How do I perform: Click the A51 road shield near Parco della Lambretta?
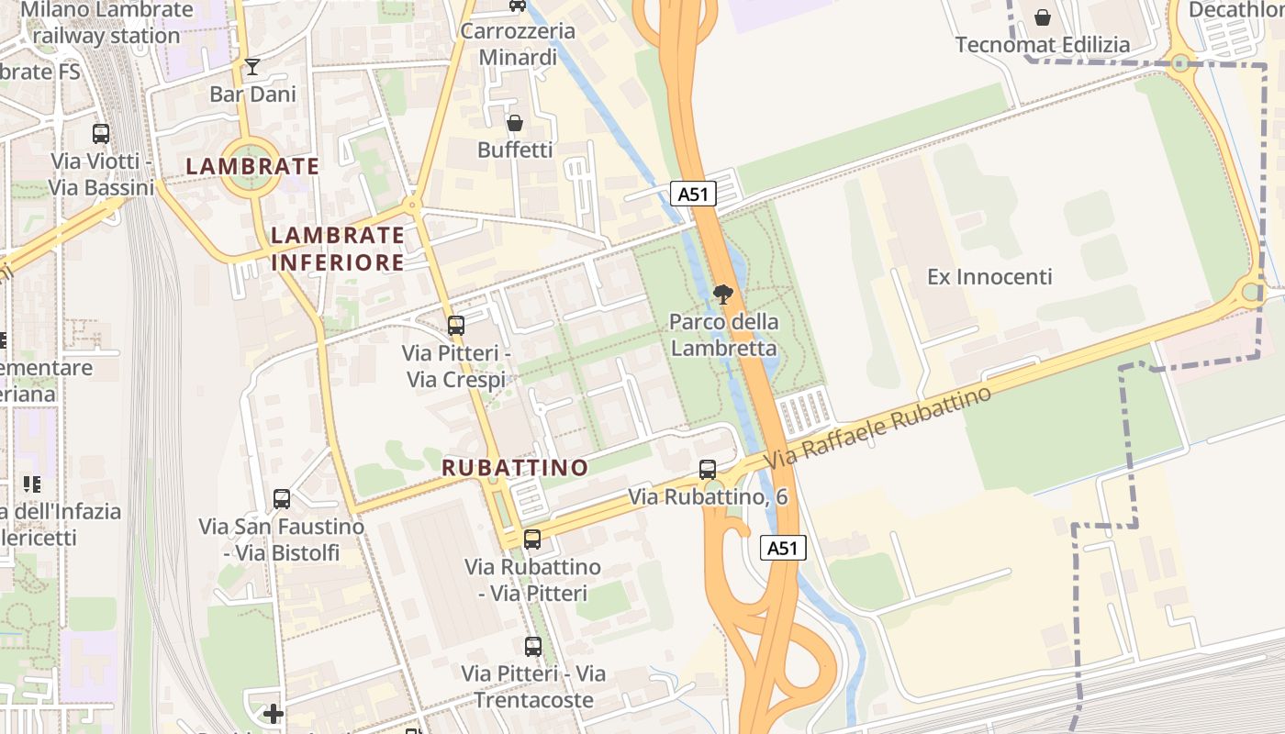coord(693,194)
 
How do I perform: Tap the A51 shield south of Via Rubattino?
coord(783,548)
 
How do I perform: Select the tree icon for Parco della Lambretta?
coord(723,295)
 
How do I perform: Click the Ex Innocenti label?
coord(989,276)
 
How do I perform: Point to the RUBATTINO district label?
coord(515,467)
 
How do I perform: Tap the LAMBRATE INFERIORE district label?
coord(338,249)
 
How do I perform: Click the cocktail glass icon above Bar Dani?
coord(252,67)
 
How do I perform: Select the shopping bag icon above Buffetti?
coord(515,123)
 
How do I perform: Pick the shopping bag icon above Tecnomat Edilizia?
coord(1043,17)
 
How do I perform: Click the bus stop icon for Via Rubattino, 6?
coord(708,470)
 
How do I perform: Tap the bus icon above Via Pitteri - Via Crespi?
coord(455,326)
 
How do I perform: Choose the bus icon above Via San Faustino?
coord(282,499)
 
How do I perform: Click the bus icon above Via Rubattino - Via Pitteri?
coord(532,539)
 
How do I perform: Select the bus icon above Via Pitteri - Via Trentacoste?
coord(533,646)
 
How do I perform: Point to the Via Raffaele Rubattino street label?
coord(878,428)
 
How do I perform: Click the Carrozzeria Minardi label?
coord(518,44)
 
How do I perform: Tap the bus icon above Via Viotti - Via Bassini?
coord(101,134)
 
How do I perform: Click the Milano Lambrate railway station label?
coord(107,23)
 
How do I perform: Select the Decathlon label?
coord(1235,10)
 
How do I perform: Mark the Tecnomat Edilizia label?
coord(1043,45)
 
